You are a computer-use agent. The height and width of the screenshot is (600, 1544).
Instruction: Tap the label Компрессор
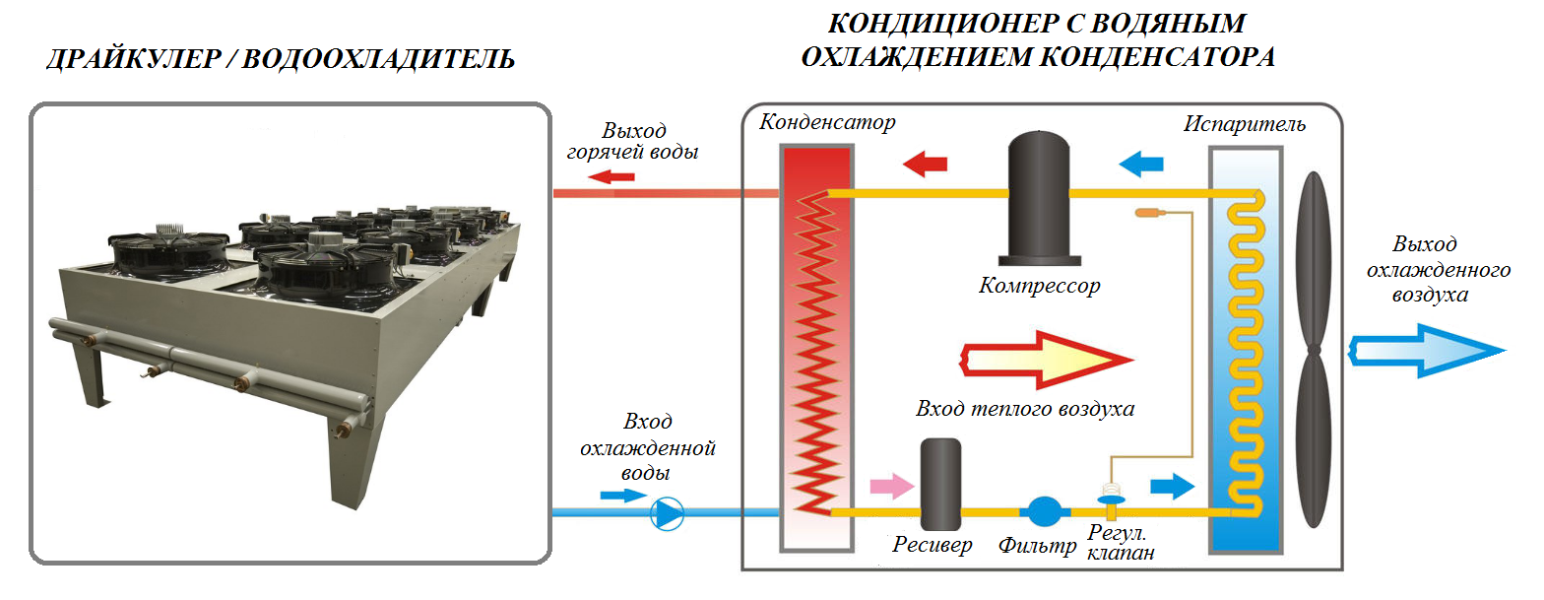pos(1040,287)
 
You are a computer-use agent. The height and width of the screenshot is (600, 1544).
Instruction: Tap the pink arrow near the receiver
pos(892,484)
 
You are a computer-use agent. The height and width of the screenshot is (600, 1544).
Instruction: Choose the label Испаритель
pos(1246,125)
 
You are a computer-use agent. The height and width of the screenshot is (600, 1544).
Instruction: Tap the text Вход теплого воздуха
pos(1025,409)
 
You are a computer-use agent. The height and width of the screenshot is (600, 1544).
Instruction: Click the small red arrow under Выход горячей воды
pos(615,177)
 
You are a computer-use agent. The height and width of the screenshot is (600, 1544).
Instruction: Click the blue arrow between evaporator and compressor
pos(1141,163)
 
